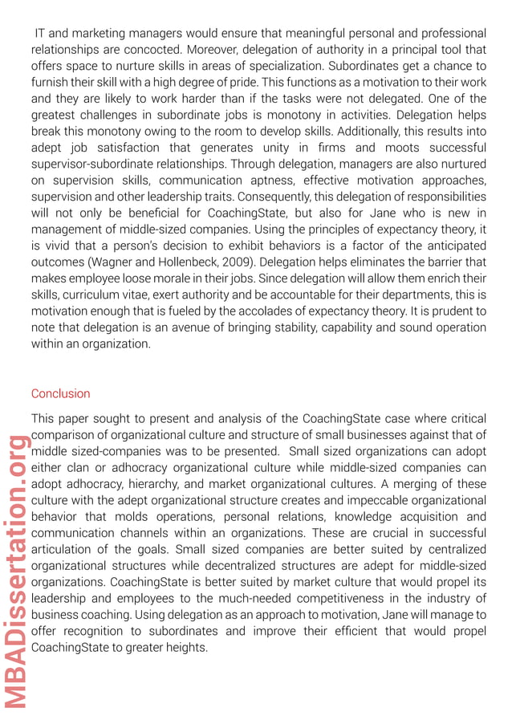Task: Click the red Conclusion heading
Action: (60, 393)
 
